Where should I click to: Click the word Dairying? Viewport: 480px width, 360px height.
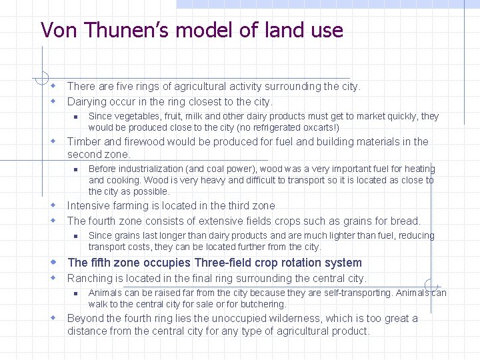click(87, 102)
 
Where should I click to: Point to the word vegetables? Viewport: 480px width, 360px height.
click(135, 116)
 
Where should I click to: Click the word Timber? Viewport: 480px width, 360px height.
click(84, 141)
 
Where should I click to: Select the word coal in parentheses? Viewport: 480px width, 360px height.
click(208, 169)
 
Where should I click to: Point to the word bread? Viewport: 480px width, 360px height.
click(405, 221)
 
